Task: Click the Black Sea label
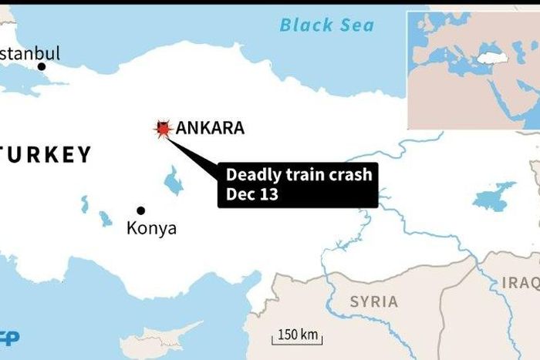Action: point(326,25)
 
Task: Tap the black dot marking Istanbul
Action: point(42,66)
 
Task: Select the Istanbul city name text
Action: point(29,53)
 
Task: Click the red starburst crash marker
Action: point(163,129)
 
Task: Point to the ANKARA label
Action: point(210,128)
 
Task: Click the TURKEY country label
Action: point(46,155)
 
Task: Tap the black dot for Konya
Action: point(140,210)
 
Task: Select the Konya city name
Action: point(151,229)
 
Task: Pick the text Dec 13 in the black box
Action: point(252,195)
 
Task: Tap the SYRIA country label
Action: point(373,301)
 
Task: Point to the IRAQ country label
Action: point(521,283)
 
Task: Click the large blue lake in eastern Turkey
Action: point(494,196)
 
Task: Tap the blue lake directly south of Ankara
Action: point(174,182)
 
